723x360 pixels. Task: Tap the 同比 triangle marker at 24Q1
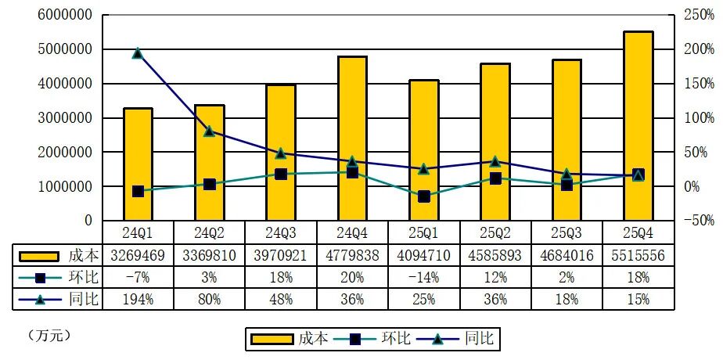pos(138,53)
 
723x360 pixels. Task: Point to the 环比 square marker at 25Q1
pos(423,196)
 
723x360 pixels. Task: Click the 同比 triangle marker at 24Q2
pos(209,131)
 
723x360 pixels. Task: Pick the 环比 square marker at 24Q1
pos(138,191)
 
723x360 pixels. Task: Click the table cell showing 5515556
pos(638,254)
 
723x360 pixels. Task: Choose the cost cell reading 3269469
pos(138,254)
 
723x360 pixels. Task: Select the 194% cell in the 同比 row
pos(138,298)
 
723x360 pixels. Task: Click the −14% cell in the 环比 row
pos(423,276)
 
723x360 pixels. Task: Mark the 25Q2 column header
pos(495,232)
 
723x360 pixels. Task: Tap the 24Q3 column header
pos(281,232)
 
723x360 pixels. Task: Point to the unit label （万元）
pos(49,335)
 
